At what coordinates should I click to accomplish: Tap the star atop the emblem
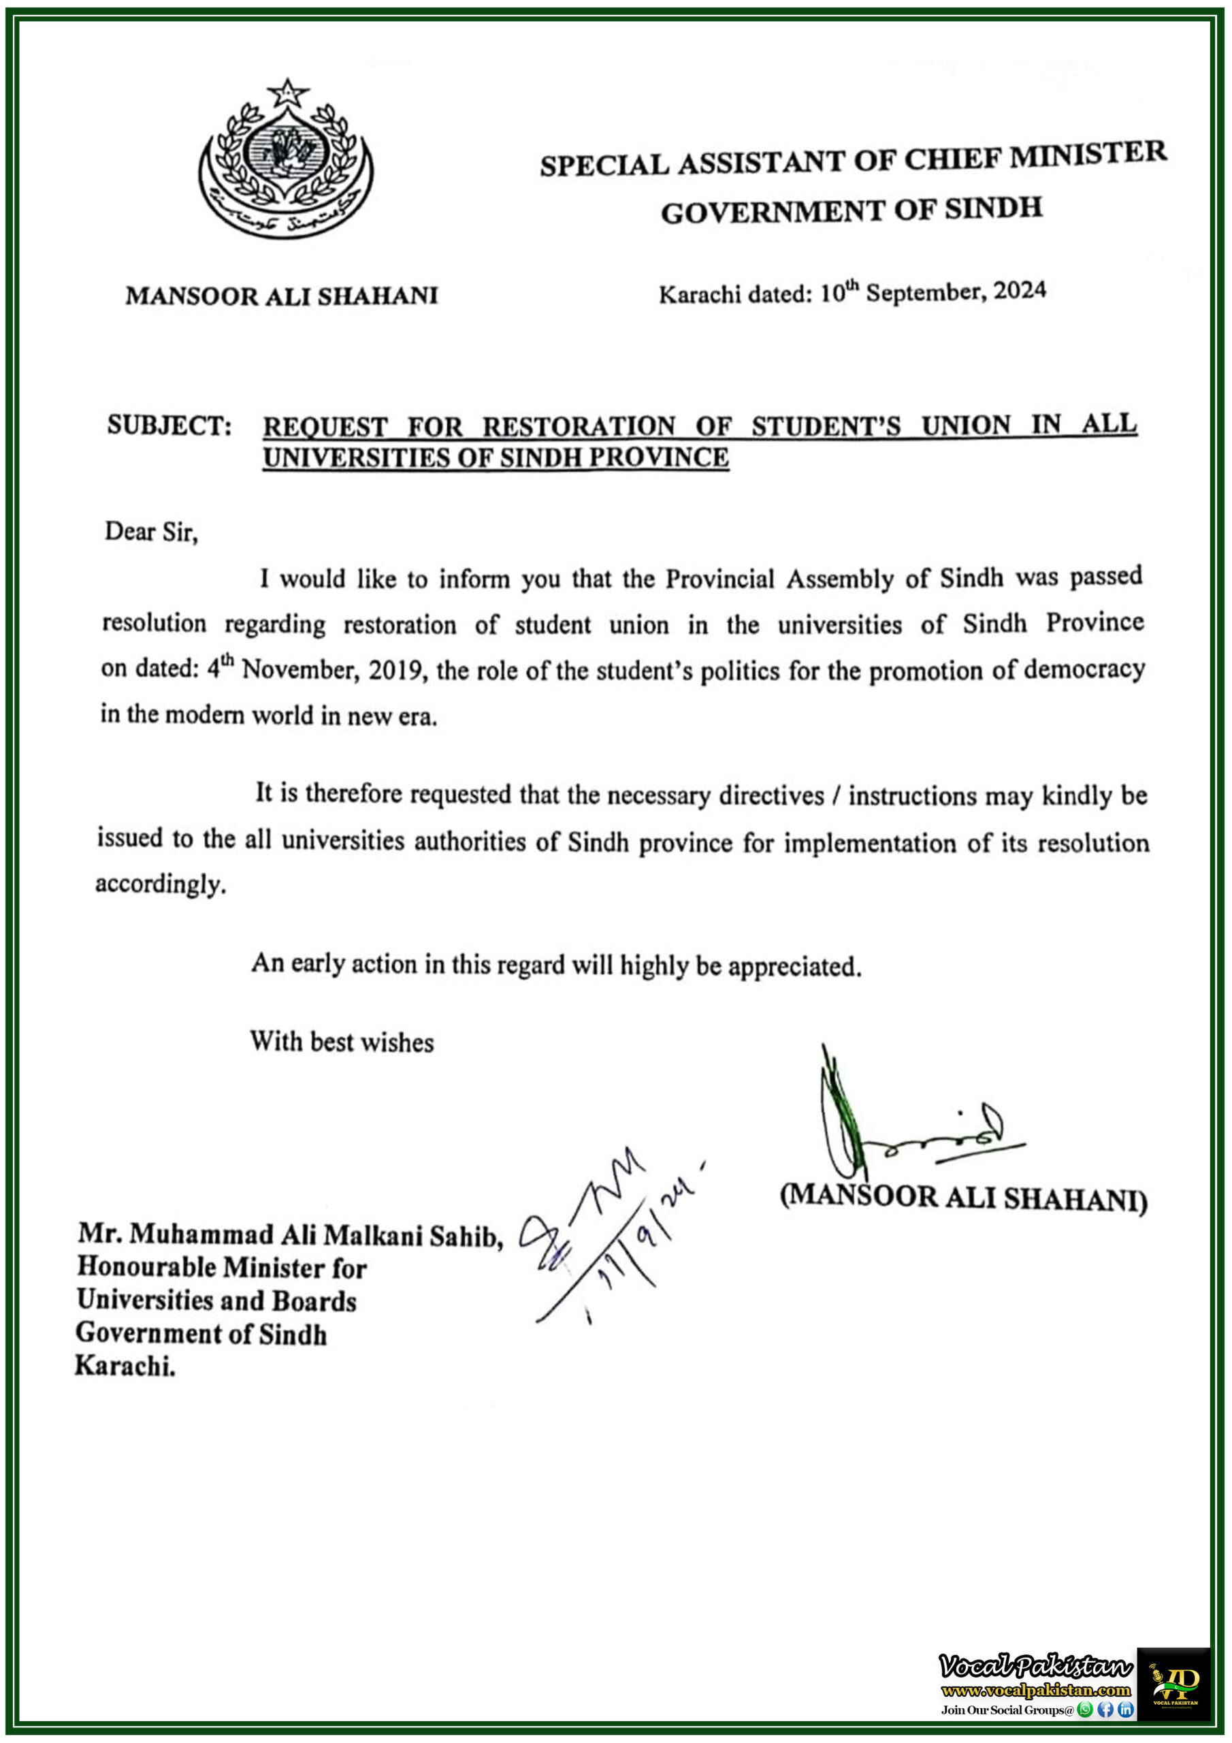(287, 93)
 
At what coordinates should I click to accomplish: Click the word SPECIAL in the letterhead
(604, 165)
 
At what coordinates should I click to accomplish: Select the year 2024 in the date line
(1020, 291)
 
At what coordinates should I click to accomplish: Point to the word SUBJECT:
(169, 425)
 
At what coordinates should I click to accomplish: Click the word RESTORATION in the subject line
(579, 426)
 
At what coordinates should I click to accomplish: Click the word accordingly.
(160, 884)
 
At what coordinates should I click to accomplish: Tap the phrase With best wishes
(342, 1042)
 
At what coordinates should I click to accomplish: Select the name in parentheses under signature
(963, 1197)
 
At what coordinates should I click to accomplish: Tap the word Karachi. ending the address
(125, 1366)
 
